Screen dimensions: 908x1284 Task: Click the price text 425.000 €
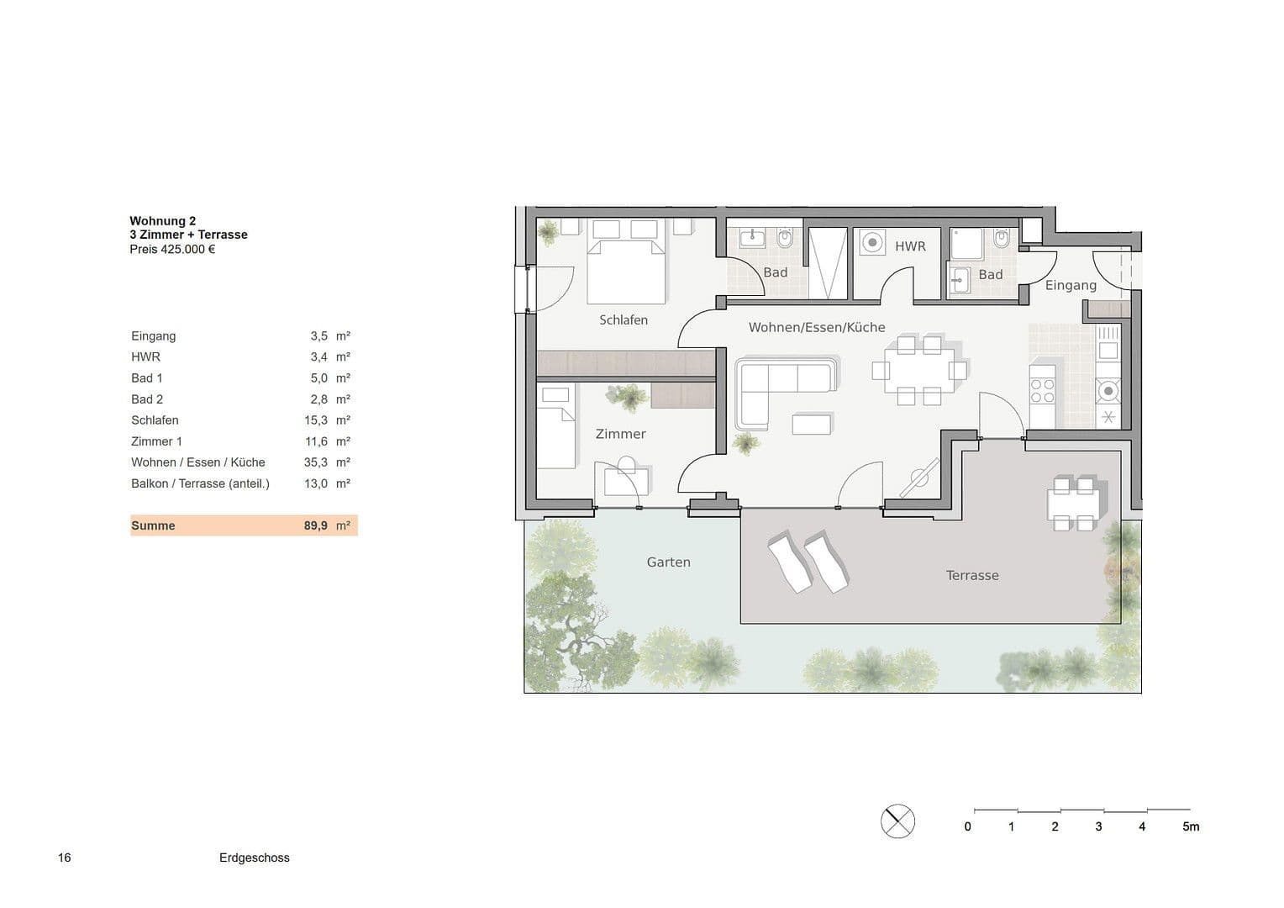point(187,249)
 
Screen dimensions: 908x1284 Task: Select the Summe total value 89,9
point(316,525)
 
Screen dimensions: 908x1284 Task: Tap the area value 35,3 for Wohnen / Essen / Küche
point(316,462)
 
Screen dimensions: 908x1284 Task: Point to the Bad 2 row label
point(147,399)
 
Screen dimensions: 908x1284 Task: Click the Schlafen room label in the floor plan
point(624,319)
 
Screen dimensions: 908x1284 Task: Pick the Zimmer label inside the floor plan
point(620,434)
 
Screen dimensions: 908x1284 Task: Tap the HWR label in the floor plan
point(910,246)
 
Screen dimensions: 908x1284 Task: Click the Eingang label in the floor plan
point(1071,285)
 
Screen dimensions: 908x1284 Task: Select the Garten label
point(668,562)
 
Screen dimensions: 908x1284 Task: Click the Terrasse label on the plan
point(972,575)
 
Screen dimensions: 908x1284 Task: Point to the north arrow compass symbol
point(897,821)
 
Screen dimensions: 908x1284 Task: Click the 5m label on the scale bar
point(1191,826)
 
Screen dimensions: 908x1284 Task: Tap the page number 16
point(65,858)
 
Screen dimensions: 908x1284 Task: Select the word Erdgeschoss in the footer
point(254,858)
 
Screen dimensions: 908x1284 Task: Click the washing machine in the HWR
point(873,243)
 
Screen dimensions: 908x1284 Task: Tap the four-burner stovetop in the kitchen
point(1043,391)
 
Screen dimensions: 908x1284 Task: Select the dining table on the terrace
point(1073,504)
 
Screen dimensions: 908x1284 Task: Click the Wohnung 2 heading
point(162,221)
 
